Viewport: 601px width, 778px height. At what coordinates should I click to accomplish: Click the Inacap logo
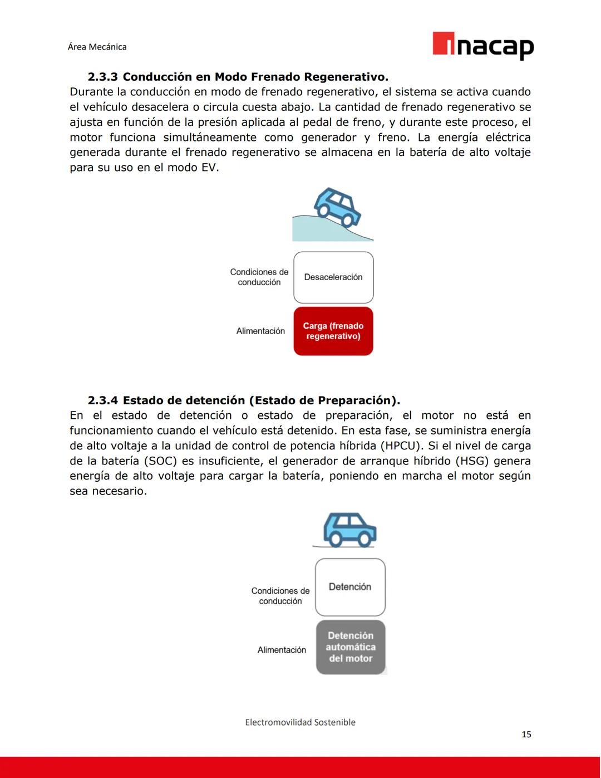point(483,45)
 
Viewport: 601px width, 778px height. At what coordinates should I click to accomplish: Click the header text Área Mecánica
point(97,47)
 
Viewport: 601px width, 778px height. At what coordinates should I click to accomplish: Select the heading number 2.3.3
point(102,77)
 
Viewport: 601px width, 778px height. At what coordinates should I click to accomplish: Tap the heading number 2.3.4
point(102,400)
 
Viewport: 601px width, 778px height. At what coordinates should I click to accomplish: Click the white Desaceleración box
point(333,277)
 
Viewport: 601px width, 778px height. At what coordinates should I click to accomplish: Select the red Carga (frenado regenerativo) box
point(333,331)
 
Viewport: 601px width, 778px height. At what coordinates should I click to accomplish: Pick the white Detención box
point(350,587)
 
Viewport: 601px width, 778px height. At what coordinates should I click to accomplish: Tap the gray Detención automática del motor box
point(351,647)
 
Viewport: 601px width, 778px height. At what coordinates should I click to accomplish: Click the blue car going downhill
point(337,207)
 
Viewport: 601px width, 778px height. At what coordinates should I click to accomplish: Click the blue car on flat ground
point(349,529)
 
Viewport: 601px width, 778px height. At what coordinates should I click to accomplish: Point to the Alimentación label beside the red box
point(260,331)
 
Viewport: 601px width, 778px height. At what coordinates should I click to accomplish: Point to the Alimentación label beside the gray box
point(282,650)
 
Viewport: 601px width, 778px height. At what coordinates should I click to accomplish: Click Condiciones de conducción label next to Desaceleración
point(259,277)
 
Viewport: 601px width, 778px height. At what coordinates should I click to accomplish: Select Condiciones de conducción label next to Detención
point(280,596)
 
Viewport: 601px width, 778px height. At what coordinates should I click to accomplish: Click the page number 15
point(526,735)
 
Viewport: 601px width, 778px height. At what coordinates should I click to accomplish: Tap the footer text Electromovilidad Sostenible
point(300,722)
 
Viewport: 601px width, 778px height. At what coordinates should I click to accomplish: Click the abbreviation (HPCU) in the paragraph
point(401,446)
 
